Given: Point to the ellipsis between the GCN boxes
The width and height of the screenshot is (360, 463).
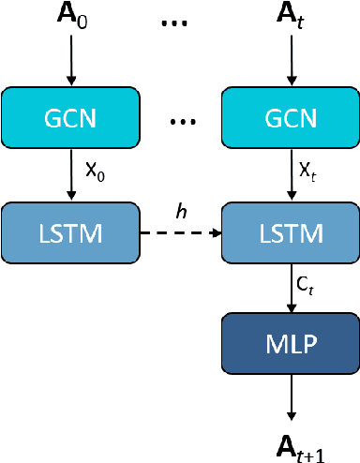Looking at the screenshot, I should pyautogui.click(x=180, y=120).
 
